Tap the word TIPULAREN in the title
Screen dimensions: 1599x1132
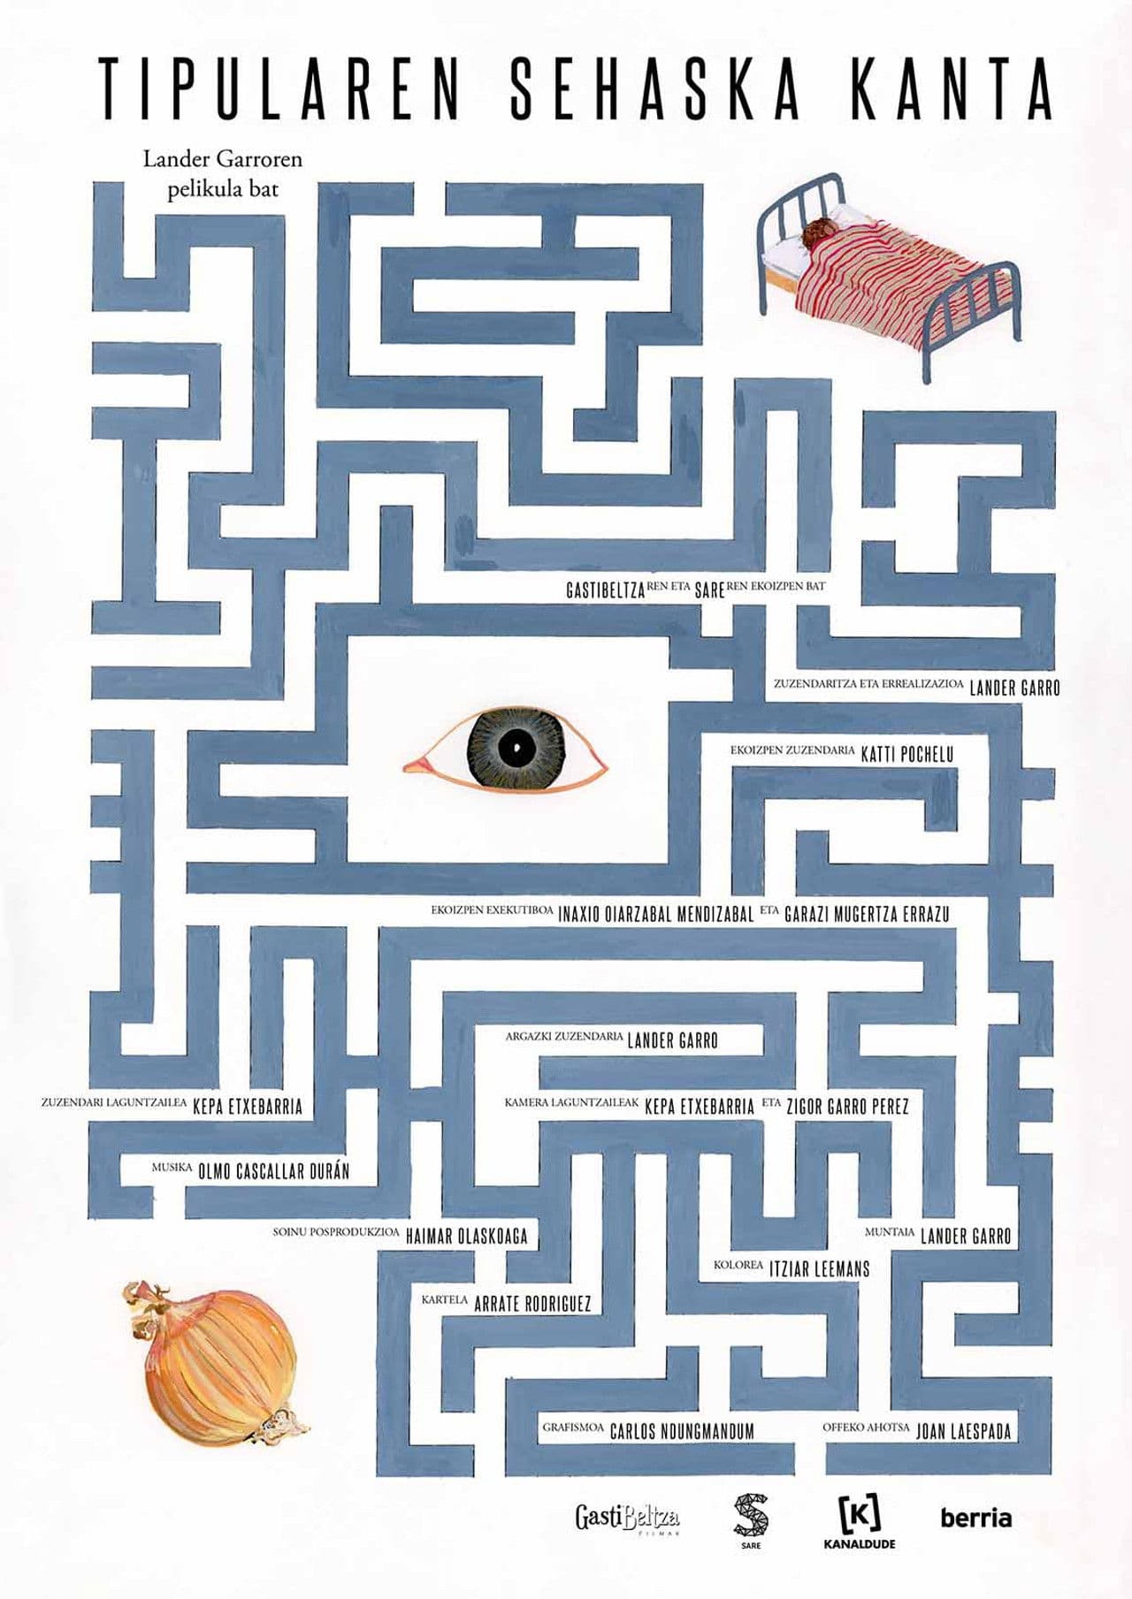tap(279, 88)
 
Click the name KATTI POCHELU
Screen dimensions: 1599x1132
tap(907, 754)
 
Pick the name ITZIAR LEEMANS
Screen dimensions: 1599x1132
tap(819, 1268)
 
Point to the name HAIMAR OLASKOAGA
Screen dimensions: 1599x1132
tap(466, 1236)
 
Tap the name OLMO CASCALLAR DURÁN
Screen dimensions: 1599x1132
tap(274, 1171)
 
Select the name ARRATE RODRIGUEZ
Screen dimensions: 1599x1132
tap(532, 1303)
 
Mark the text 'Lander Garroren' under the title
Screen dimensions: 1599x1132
tap(223, 160)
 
